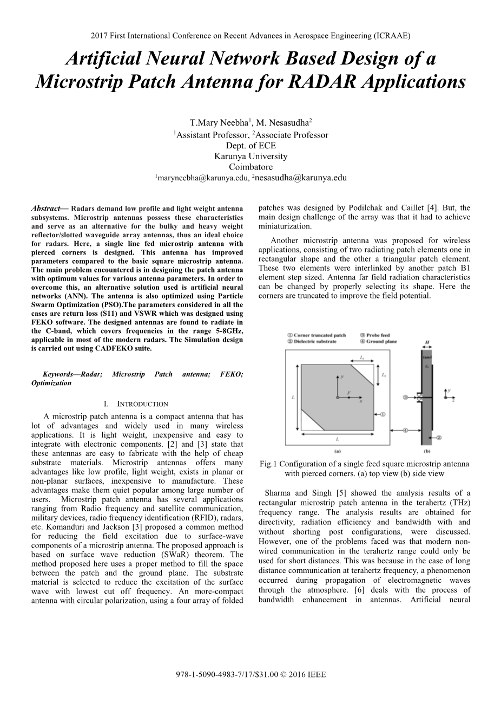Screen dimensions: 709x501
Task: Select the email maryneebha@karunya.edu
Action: pos(204,178)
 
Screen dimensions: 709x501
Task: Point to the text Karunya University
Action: pos(250,156)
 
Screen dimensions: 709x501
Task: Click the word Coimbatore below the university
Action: pos(250,167)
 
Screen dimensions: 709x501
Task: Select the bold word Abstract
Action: pos(45,208)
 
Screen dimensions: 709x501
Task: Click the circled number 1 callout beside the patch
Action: pos(383,414)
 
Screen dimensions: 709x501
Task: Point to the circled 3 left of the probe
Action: pos(405,397)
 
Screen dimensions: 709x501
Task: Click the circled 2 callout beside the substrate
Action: pos(439,437)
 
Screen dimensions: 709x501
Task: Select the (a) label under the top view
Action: pos(337,451)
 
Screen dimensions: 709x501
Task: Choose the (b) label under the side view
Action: pos(427,451)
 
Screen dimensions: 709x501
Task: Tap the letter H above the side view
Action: pos(427,343)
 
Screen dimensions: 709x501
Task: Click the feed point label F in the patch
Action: pos(349,392)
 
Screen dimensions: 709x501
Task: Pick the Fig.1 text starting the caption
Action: pos(268,464)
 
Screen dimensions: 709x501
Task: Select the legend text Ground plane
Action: pos(385,341)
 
